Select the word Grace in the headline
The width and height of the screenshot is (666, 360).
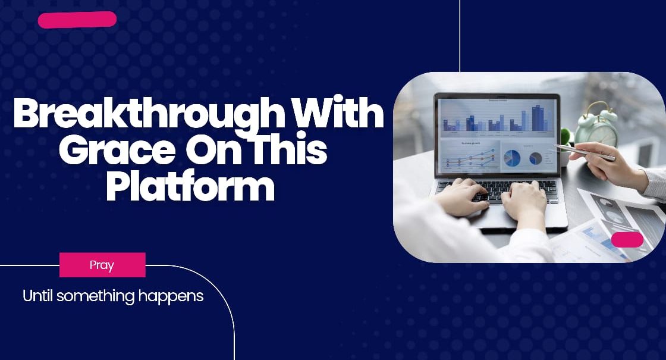pyautogui.click(x=117, y=150)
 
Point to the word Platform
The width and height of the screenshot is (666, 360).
pyautogui.click(x=190, y=185)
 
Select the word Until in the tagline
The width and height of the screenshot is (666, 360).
pyautogui.click(x=37, y=295)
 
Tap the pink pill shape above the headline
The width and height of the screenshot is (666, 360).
pyautogui.click(x=77, y=20)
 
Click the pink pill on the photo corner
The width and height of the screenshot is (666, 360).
pyautogui.click(x=627, y=240)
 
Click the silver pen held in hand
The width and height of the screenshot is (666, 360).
pyautogui.click(x=583, y=152)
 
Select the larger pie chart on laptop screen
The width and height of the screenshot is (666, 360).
pyautogui.click(x=512, y=158)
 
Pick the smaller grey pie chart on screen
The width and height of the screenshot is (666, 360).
pyautogui.click(x=536, y=158)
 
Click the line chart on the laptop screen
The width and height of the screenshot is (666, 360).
pyautogui.click(x=469, y=158)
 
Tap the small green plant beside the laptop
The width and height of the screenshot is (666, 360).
pyautogui.click(x=566, y=137)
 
